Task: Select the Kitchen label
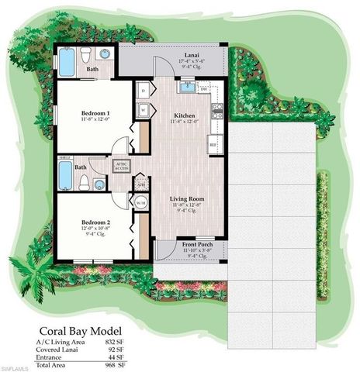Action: (x=185, y=114)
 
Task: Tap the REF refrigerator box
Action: (x=213, y=144)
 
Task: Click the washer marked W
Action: (x=144, y=110)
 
